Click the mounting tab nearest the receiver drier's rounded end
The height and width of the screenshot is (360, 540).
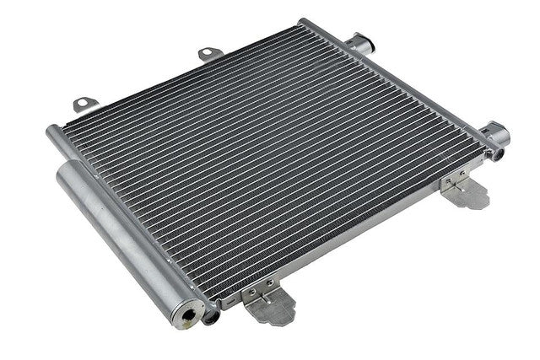click(x=84, y=104)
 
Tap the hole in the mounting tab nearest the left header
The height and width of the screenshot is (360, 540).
click(x=83, y=105)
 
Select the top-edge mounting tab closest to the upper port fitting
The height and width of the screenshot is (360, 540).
click(x=210, y=54)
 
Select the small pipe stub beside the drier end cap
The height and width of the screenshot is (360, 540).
click(x=211, y=316)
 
